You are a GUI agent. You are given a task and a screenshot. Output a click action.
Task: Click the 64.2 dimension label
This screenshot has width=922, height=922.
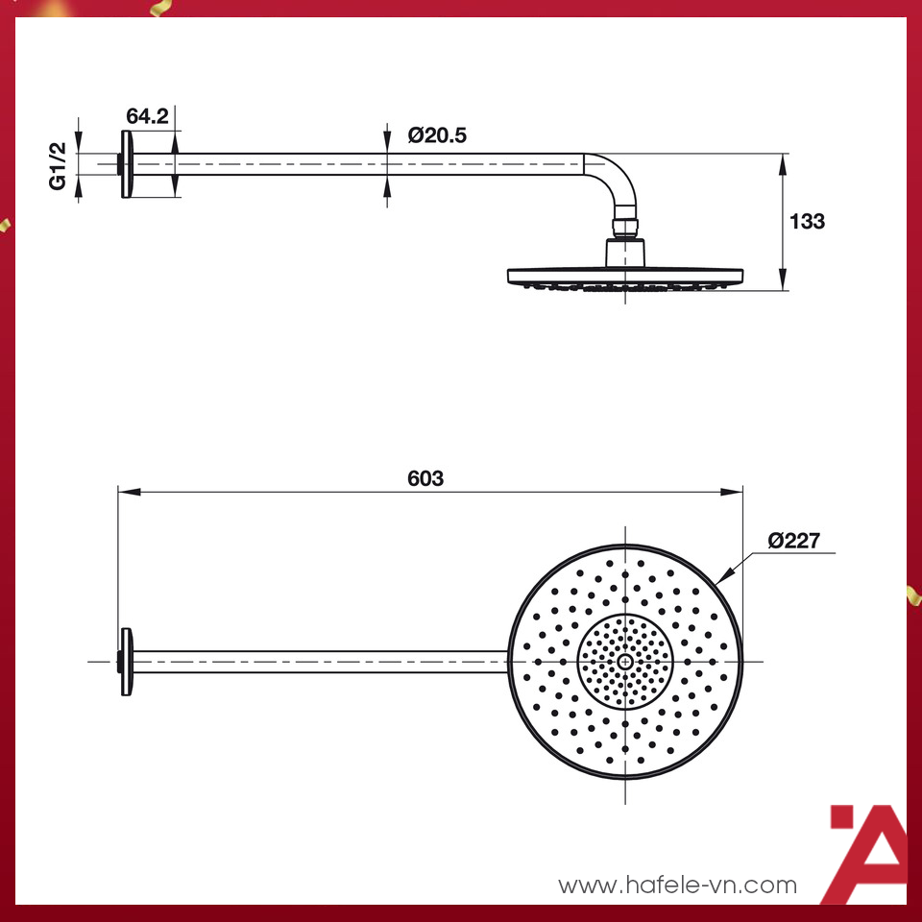(148, 116)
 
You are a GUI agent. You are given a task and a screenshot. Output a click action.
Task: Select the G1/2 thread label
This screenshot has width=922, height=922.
(60, 165)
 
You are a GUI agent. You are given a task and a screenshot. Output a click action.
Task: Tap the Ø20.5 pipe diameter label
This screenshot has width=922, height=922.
(437, 135)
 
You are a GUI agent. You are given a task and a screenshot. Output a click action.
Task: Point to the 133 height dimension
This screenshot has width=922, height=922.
(807, 222)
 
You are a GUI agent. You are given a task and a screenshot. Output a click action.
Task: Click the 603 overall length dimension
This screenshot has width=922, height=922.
(425, 478)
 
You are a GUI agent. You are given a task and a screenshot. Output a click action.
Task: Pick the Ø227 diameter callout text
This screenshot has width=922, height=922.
(793, 541)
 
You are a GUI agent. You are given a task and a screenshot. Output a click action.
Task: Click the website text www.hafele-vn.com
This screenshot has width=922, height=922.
(678, 885)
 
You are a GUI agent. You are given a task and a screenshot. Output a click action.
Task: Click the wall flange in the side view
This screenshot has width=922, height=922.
(126, 164)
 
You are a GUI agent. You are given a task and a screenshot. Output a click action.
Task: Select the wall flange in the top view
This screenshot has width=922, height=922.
(126, 662)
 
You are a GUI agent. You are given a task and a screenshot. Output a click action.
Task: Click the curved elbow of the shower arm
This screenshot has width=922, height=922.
(615, 178)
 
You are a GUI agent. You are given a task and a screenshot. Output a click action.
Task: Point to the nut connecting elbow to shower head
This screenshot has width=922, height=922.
(625, 229)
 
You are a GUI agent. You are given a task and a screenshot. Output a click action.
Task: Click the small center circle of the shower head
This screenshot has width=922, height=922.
(626, 662)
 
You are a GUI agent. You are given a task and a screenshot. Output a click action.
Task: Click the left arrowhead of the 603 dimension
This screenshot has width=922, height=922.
(124, 492)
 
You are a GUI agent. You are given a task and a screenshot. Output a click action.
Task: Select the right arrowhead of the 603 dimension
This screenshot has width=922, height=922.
(737, 492)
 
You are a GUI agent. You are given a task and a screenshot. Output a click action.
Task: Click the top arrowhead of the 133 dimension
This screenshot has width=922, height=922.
(784, 160)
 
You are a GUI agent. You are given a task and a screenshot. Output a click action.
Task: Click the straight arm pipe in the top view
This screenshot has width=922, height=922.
(317, 662)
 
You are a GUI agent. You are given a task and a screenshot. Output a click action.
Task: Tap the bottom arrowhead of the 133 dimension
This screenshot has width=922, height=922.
(784, 282)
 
